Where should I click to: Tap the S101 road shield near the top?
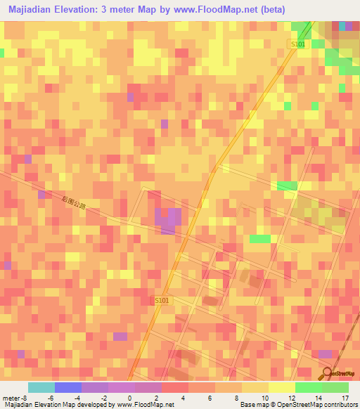point(299,44)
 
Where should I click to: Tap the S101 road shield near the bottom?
point(162,301)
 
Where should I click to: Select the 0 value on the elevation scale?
point(129,398)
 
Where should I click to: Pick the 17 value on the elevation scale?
point(345,398)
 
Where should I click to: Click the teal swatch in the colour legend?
point(41,387)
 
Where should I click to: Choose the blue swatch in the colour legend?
point(68,387)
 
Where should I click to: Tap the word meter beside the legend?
point(12,398)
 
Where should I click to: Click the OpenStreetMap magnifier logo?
point(328,372)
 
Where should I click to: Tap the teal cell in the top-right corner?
point(342,26)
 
